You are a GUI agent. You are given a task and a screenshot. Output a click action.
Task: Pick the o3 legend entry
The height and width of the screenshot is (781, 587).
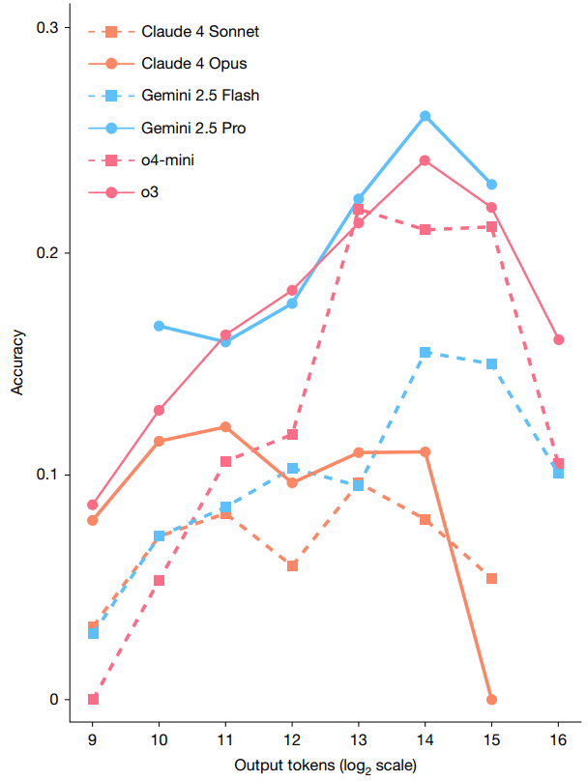[150, 191]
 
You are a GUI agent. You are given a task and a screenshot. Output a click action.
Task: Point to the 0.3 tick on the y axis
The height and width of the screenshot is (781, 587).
[48, 28]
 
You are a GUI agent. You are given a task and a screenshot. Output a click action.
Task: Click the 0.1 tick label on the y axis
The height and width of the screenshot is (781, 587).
[48, 475]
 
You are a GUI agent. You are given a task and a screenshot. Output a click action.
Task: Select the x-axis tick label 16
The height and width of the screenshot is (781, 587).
[558, 738]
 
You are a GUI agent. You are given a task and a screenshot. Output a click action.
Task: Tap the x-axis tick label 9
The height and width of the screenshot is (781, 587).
[93, 738]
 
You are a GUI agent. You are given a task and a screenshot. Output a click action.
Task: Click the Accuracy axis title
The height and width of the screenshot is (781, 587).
[18, 362]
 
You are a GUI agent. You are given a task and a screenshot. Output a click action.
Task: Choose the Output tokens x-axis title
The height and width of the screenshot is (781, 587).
[325, 767]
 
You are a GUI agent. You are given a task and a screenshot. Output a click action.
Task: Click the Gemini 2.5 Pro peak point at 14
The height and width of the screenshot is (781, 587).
[425, 116]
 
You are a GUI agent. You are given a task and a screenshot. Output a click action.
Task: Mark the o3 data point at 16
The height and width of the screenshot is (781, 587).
[558, 339]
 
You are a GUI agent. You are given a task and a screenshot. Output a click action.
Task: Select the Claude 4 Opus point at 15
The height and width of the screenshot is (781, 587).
[491, 699]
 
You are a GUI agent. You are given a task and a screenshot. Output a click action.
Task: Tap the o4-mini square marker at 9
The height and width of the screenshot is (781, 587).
[93, 699]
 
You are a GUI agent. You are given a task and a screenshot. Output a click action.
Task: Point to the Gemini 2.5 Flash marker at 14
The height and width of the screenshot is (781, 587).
[425, 353]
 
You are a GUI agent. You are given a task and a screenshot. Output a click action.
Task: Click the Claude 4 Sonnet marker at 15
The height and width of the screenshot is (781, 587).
[491, 578]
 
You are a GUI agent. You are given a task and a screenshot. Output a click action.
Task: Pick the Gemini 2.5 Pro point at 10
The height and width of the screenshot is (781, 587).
[159, 326]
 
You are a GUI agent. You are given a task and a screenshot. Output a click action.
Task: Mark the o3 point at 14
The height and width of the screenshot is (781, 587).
[425, 160]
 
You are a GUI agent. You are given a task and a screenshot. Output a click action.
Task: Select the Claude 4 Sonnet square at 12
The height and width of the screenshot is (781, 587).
[292, 565]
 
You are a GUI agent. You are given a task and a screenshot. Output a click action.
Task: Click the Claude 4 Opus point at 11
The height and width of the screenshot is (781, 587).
[225, 426]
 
